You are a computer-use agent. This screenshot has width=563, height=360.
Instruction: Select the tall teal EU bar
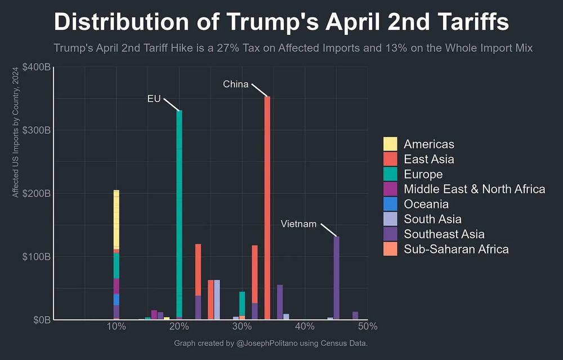(179, 214)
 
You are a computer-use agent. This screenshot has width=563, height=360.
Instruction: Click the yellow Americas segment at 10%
(116, 220)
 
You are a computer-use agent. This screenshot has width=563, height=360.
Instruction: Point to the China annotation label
(235, 85)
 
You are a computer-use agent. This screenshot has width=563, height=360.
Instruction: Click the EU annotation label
(154, 99)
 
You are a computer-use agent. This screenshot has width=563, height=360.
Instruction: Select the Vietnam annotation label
(298, 224)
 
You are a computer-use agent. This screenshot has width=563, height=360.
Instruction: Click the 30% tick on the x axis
(242, 326)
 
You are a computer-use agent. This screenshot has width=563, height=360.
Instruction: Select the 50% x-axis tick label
(367, 326)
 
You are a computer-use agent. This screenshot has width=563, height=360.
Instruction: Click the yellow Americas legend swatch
(390, 144)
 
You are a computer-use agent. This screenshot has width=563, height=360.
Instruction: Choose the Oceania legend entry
(426, 204)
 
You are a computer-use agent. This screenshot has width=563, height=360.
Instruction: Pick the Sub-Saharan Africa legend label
(456, 249)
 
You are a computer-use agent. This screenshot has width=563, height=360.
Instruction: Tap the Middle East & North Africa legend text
(474, 189)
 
